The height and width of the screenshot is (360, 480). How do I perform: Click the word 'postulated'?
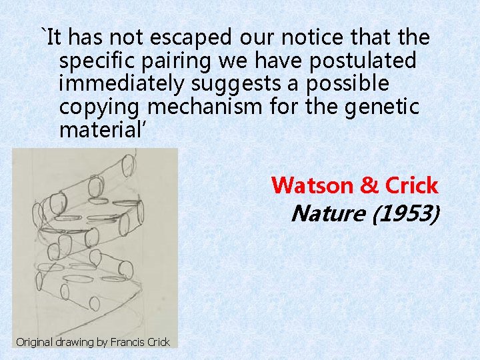[360, 61]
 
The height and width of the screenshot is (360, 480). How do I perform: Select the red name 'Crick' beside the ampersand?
[410, 185]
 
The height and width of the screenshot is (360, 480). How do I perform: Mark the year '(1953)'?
[406, 213]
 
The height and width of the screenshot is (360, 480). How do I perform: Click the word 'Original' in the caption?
[36, 342]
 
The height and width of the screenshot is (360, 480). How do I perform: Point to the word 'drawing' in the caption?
[77, 342]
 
